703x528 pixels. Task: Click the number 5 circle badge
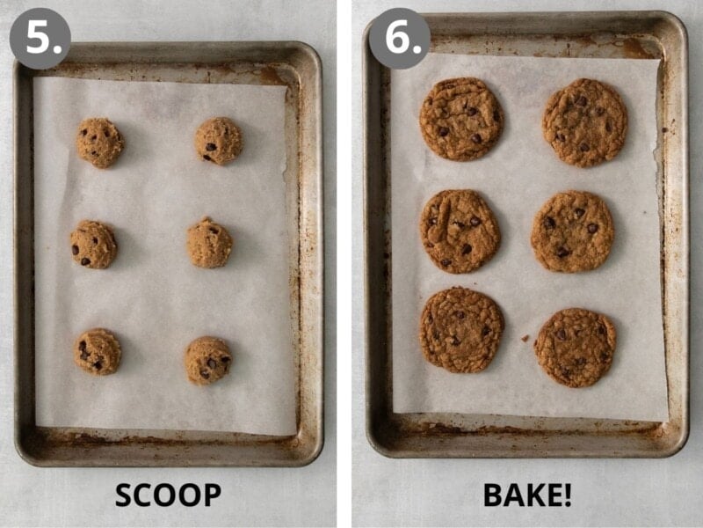point(40,38)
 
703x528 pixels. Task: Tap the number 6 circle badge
point(399,38)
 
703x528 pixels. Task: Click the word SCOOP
point(168,495)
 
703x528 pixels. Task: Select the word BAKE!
point(527,495)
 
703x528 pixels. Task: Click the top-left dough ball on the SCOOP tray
point(99,143)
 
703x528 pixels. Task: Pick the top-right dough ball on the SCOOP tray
point(218,141)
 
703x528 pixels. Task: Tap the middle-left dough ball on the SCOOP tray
point(93,244)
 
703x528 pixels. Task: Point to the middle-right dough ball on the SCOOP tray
point(210,243)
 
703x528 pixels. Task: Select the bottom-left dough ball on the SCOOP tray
point(98,351)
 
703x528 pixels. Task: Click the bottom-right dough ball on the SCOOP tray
point(208,360)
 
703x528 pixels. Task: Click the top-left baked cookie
point(460,119)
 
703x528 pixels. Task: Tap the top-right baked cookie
point(584,122)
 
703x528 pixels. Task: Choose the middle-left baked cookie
point(460,231)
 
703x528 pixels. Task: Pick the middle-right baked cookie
point(572,231)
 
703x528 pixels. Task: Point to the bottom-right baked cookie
point(575,347)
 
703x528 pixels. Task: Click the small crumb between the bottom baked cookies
point(524,338)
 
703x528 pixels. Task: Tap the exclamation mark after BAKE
point(567,495)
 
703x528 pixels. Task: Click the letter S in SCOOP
point(124,495)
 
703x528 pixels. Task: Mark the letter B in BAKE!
point(493,495)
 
